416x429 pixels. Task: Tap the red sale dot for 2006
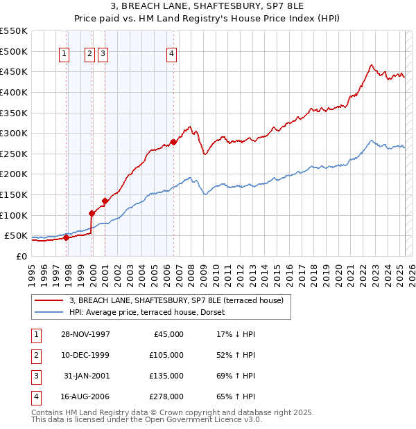coord(173,142)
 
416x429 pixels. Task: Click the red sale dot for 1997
coord(67,237)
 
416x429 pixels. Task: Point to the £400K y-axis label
coord(14,92)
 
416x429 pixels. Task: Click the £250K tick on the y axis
coord(14,154)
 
